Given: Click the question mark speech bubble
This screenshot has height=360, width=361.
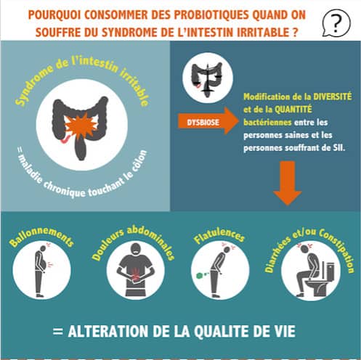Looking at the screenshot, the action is click(336, 23).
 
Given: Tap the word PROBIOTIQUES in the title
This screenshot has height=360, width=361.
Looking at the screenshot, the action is click(211, 15).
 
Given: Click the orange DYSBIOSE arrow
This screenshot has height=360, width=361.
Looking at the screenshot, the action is click(208, 121).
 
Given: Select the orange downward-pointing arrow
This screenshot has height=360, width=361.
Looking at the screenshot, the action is click(288, 183).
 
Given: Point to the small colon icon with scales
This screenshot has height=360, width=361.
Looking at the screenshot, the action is click(208, 78).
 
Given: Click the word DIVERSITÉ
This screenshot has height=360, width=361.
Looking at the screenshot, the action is click(332, 97).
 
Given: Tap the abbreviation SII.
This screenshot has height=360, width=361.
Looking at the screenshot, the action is click(338, 147).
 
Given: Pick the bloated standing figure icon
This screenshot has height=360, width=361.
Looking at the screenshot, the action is click(41, 270).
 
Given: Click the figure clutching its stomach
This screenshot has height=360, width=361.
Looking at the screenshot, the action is click(136, 270).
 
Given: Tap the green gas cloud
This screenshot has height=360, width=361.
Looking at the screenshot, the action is click(200, 275).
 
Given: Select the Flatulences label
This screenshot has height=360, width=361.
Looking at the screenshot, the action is click(219, 235).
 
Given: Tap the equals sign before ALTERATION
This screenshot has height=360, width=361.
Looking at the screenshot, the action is click(57, 331).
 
